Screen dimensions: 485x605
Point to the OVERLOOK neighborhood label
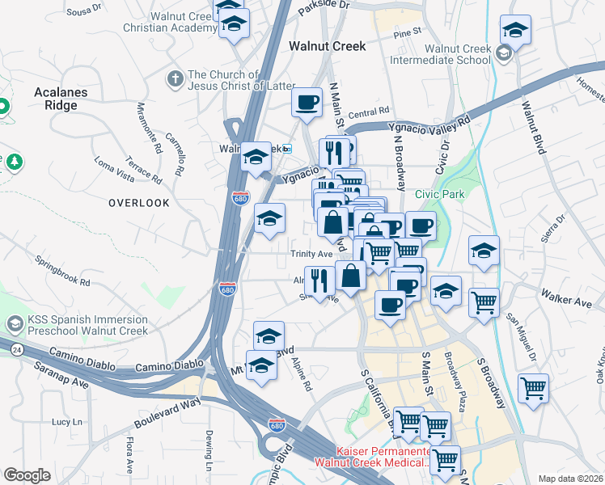(140, 203)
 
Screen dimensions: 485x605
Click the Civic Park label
(441, 194)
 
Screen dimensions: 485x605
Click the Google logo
(27, 475)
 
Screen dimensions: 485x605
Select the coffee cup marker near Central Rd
(307, 103)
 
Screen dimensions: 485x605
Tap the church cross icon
(173, 79)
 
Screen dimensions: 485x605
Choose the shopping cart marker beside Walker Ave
(483, 303)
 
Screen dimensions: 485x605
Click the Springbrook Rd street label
(62, 271)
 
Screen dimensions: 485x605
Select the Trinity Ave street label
(312, 254)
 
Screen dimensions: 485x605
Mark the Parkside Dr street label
(323, 5)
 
